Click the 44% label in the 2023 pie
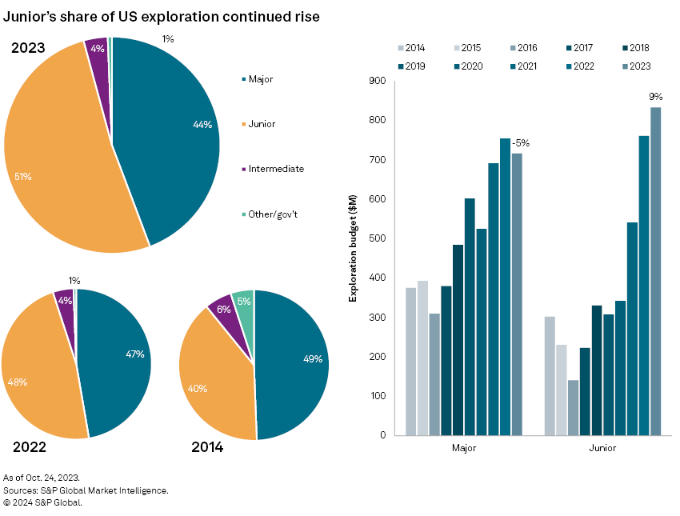[x=202, y=124]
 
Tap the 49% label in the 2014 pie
[x=313, y=359]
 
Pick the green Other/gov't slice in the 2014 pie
[x=244, y=303]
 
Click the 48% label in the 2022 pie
[x=18, y=382]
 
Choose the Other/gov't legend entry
[x=274, y=214]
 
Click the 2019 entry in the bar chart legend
[x=415, y=66]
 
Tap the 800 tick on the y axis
[x=378, y=121]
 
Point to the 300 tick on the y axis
[x=378, y=318]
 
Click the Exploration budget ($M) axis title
[x=353, y=258]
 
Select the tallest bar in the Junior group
[x=655, y=271]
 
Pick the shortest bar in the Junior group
[x=573, y=407]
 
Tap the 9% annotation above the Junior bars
[x=656, y=97]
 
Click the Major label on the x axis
[x=463, y=448]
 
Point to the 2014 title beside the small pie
[x=207, y=447]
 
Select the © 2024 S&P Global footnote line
[x=43, y=502]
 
